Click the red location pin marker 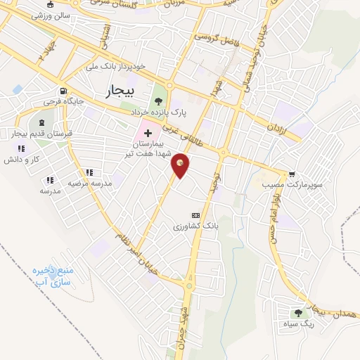(x=181, y=165)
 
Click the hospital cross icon (x=148, y=133)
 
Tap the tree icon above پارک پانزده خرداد (x=168, y=102)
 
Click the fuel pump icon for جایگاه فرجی (x=64, y=91)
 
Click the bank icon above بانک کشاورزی (x=195, y=215)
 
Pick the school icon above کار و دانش (x=22, y=148)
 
